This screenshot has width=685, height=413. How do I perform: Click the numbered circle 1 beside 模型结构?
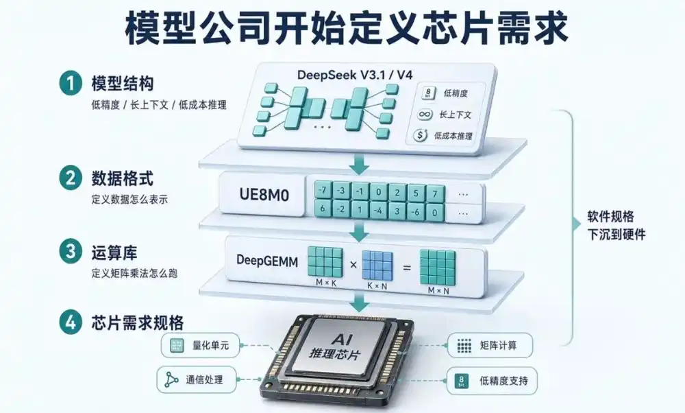point(71,83)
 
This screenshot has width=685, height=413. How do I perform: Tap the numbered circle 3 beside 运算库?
point(71,252)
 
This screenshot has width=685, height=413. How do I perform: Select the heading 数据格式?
point(123,178)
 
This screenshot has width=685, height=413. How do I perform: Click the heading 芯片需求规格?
point(138,323)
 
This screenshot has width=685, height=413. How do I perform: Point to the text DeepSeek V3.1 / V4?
point(355,74)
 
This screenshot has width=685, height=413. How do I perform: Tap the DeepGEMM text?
point(267,261)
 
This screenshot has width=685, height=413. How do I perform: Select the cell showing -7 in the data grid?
point(323,190)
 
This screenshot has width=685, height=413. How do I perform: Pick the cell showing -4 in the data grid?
point(378,211)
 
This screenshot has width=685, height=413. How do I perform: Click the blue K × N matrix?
point(377,265)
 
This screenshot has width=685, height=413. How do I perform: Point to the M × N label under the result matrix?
point(438,290)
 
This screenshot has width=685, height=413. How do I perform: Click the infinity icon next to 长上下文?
point(425,115)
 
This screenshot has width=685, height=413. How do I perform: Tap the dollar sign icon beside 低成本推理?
point(421,135)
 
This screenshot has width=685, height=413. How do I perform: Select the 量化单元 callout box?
point(201,346)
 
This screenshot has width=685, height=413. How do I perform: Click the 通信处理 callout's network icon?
point(171,379)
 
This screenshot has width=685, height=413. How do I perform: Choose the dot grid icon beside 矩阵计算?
point(464,346)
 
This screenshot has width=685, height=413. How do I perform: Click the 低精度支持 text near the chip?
point(503,381)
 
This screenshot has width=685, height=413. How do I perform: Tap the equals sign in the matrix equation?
point(407,267)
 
